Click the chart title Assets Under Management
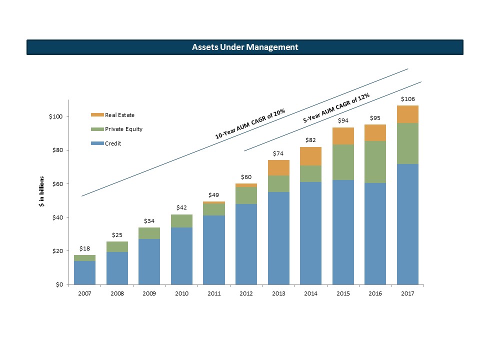coord(245,47)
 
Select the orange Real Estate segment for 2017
coord(407,114)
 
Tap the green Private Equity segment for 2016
coord(375,162)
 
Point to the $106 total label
coord(407,99)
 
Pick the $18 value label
coord(85,248)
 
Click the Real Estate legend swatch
coord(97,115)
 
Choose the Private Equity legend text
coord(123,129)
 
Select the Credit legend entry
coord(113,143)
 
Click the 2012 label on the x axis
coord(246,294)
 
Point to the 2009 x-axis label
coord(149,294)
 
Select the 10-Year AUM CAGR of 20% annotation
coord(250,124)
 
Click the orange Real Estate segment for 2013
coord(278,168)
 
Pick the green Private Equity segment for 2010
coord(181,221)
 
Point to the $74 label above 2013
coord(278,153)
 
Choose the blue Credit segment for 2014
coord(310,233)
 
